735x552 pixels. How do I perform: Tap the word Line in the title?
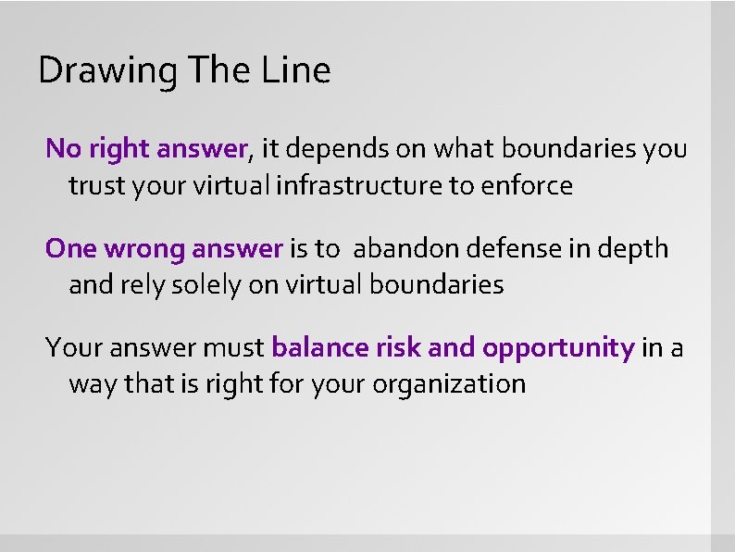click(298, 69)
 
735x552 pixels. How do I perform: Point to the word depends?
click(343, 148)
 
